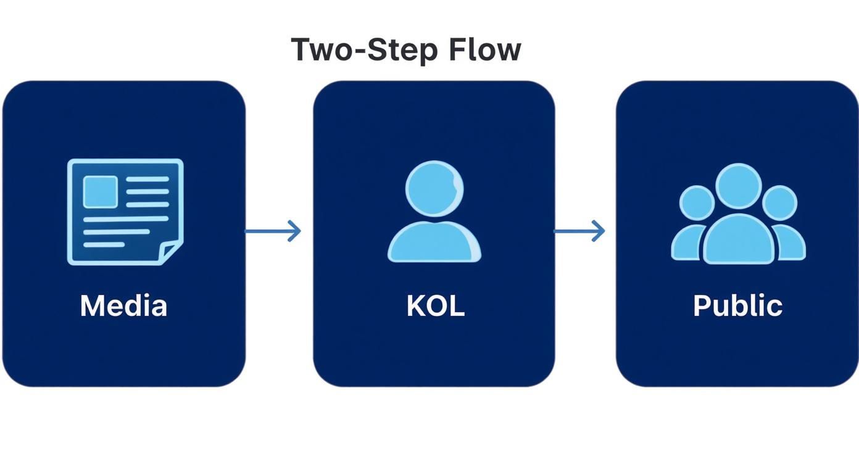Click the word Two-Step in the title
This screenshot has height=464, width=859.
(x=364, y=50)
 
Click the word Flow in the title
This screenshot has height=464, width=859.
(x=485, y=49)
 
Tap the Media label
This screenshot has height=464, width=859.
(x=123, y=305)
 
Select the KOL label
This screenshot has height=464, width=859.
(x=436, y=305)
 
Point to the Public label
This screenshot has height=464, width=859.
(x=738, y=305)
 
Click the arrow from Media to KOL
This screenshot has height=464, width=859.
(x=273, y=231)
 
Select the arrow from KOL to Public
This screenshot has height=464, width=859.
(x=579, y=231)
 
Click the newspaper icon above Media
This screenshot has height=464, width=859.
(x=125, y=212)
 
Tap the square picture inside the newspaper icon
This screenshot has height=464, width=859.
(x=100, y=192)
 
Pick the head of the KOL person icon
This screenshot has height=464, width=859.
(x=434, y=189)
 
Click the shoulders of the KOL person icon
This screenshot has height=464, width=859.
(x=434, y=242)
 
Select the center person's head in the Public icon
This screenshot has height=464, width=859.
(x=739, y=186)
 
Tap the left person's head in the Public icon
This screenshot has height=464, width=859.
(x=697, y=203)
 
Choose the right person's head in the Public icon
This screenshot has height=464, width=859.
(x=779, y=203)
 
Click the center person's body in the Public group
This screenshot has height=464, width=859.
(x=739, y=239)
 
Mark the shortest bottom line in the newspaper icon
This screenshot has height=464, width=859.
(x=104, y=245)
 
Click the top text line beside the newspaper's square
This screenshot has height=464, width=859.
(x=147, y=179)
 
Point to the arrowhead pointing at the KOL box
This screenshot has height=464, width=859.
(x=294, y=231)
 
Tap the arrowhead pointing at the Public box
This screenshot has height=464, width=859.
(x=599, y=231)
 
